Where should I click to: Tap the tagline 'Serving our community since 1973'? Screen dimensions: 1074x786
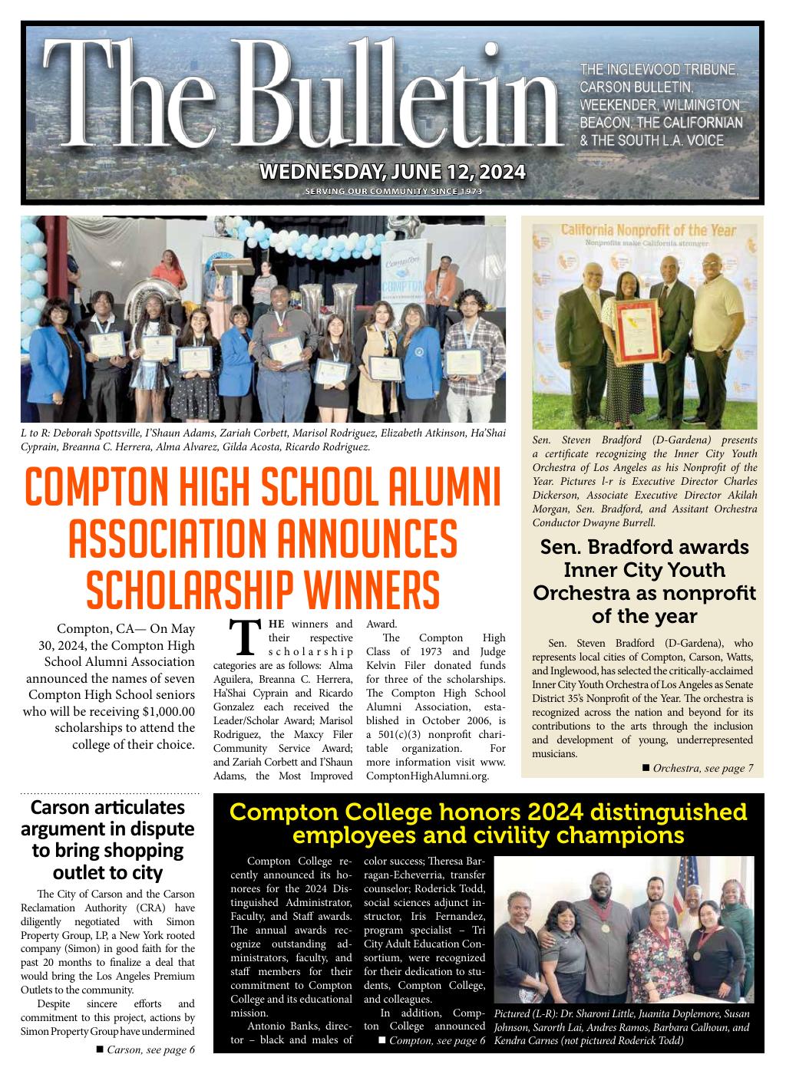(x=393, y=191)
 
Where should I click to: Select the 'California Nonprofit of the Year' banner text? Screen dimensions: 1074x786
(x=649, y=230)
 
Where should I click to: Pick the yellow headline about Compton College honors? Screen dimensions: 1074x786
(x=488, y=823)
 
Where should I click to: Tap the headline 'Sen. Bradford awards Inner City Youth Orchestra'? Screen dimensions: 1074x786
(x=644, y=581)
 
